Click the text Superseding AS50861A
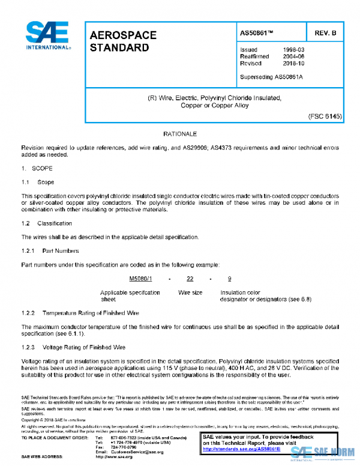coord(271,76)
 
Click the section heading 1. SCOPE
coord(37,169)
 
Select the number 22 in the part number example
coord(190,279)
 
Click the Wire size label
coord(190,292)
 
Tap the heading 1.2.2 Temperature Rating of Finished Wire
coord(80,313)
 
